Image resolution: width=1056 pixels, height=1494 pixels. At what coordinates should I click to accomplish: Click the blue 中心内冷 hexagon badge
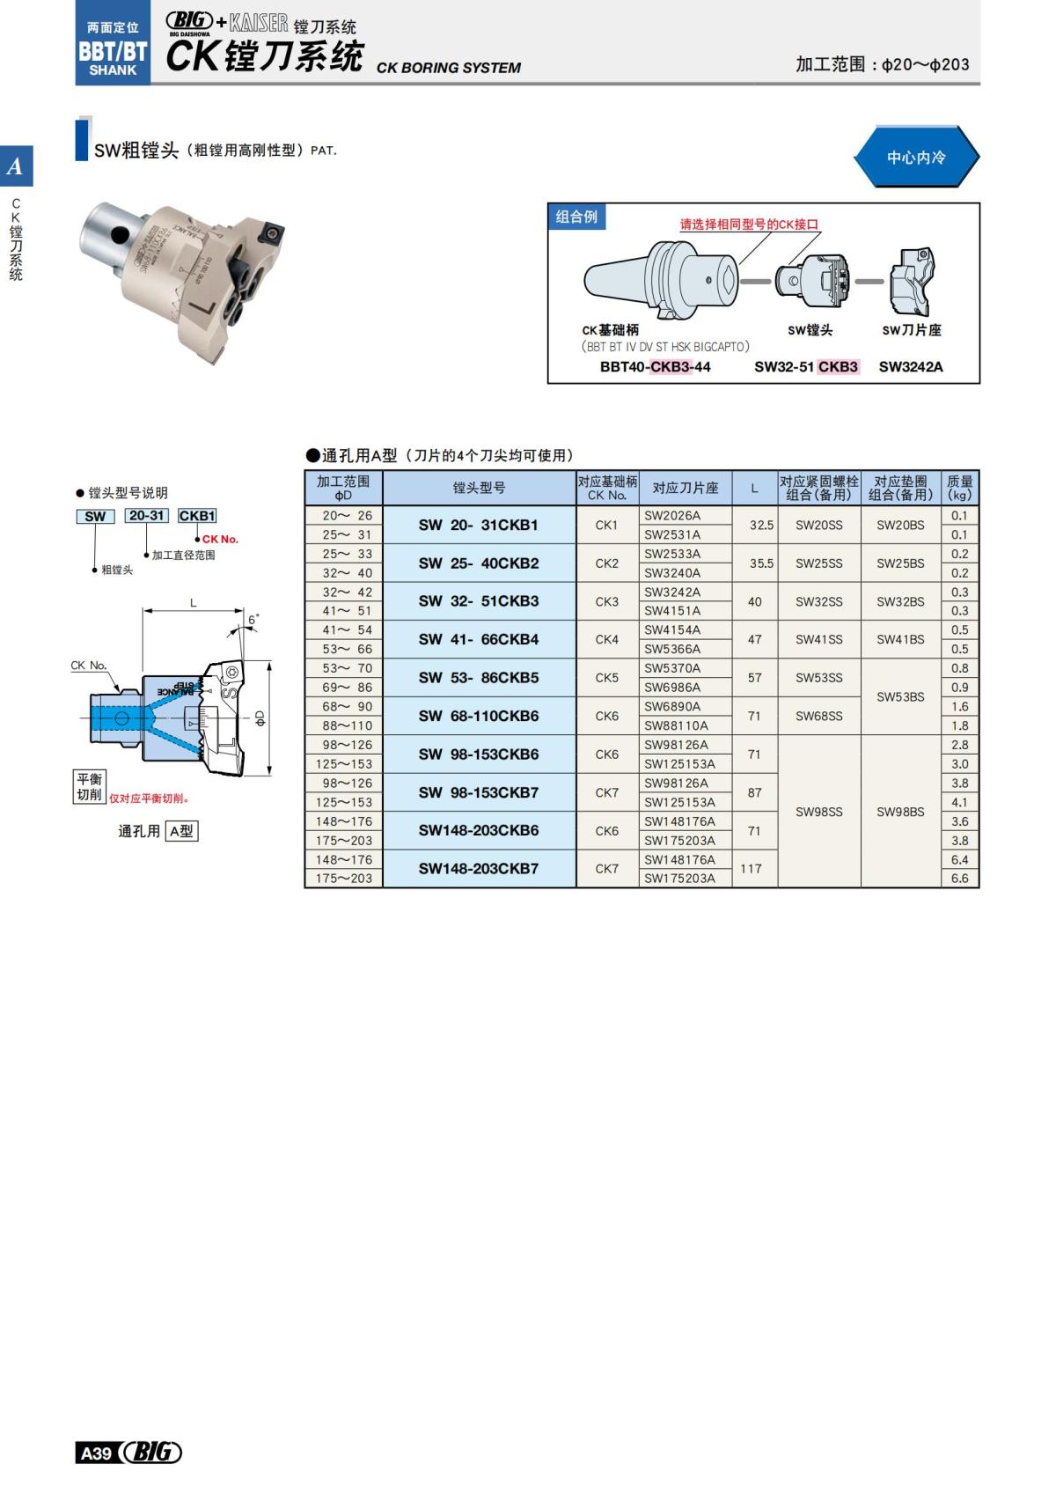point(916,158)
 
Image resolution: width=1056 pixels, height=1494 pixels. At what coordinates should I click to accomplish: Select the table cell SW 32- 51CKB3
point(478,601)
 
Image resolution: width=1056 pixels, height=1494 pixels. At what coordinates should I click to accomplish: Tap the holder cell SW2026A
point(673,516)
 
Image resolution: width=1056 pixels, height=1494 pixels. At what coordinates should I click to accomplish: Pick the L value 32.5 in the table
point(761,525)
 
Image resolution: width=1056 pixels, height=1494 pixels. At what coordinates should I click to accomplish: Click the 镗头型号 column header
point(479,488)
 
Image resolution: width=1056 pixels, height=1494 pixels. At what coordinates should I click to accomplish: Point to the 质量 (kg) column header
point(959,488)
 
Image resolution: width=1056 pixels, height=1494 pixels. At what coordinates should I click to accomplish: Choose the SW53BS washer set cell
point(900,696)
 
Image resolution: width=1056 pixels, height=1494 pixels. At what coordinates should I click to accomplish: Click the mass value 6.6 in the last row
point(959,879)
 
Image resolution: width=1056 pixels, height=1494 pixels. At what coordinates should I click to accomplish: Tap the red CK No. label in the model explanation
point(220,539)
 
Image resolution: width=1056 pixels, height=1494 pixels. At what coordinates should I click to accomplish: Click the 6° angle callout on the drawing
point(253,620)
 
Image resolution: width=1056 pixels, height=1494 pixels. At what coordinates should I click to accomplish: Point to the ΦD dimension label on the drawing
point(260,718)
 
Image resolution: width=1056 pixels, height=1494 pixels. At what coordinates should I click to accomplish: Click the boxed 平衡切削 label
point(90,786)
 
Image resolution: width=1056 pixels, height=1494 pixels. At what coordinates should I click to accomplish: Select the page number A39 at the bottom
point(97,1453)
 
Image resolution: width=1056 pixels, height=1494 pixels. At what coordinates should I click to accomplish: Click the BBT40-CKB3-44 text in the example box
point(655,367)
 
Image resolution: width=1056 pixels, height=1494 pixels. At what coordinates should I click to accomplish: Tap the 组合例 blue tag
point(576,217)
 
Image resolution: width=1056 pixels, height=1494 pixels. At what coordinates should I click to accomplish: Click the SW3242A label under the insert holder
point(911,367)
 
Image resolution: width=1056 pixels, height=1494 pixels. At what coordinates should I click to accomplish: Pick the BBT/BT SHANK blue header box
point(113,49)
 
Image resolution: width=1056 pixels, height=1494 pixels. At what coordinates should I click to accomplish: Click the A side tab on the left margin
point(16,166)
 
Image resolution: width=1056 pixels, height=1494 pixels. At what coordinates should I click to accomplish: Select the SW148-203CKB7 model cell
point(478,869)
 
